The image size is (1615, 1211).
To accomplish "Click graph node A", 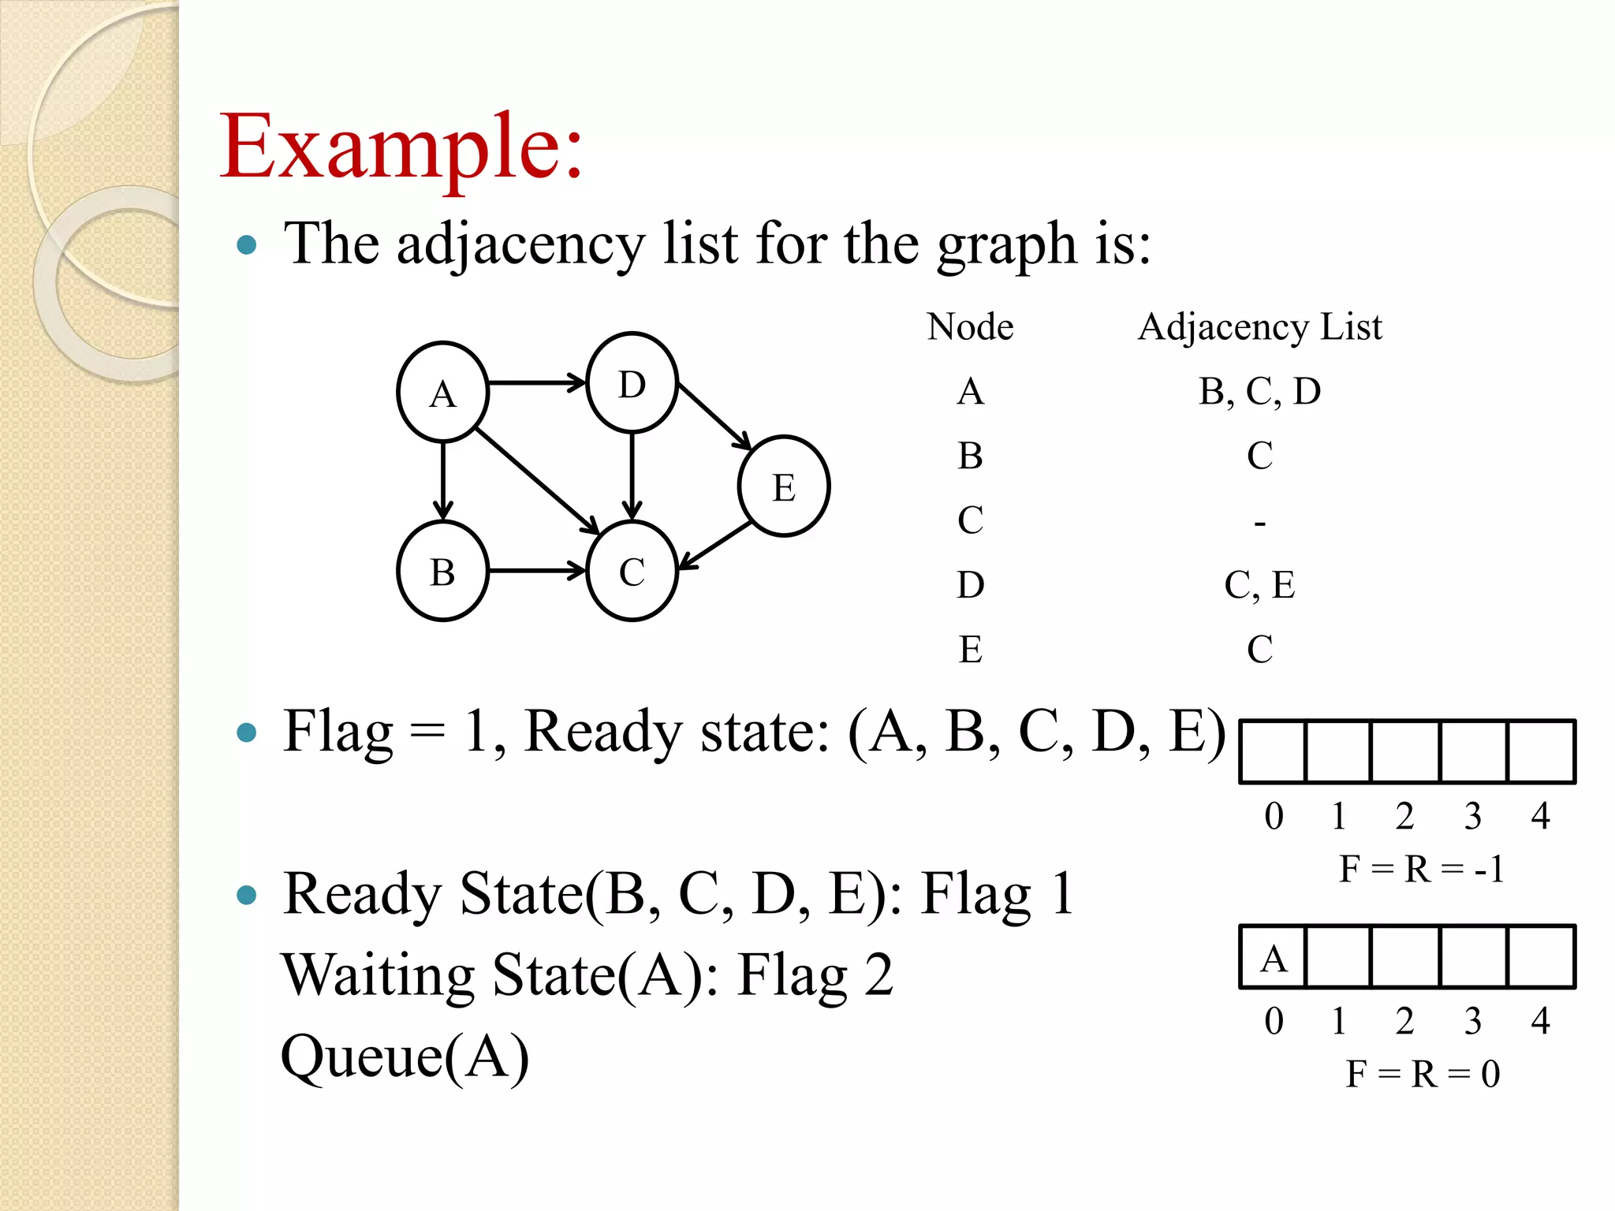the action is point(442,392).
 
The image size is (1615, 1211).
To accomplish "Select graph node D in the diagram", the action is point(632,383).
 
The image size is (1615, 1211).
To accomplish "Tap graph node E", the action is point(783,486).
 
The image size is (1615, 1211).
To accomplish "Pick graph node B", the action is point(442,571).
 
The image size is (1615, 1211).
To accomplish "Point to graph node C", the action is point(632,571).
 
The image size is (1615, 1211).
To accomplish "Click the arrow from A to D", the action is point(536,383).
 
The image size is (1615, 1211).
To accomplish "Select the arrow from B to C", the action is point(536,570).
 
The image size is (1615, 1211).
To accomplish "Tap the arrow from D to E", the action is point(714,415).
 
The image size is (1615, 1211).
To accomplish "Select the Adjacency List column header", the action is point(1259,326).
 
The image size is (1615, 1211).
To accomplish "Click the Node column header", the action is point(970,326).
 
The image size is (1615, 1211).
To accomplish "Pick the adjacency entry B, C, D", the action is point(1259,391).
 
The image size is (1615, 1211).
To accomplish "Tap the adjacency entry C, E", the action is point(1259,585).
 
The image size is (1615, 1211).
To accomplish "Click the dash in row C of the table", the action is point(1259,523).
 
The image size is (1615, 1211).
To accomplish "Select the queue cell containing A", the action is point(1273,957).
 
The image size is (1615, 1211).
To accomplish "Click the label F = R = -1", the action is point(1421,869).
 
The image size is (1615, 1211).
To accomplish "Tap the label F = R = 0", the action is point(1422,1073).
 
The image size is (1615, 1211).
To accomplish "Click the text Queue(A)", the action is point(405,1056).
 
